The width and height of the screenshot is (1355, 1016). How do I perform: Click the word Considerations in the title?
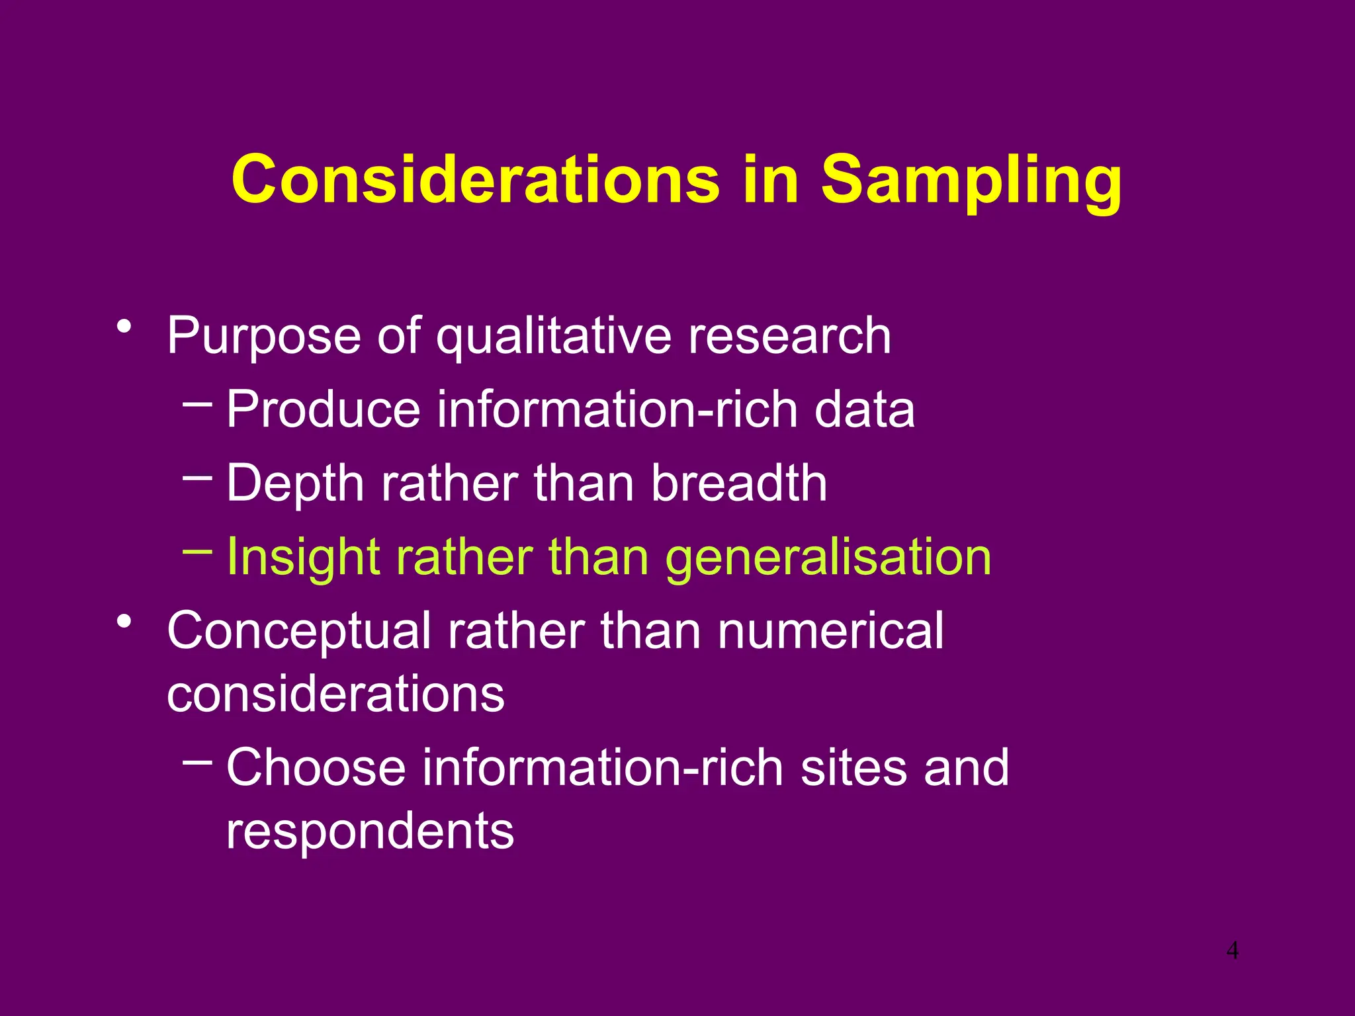(x=475, y=180)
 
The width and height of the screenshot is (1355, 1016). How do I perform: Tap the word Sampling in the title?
(x=971, y=180)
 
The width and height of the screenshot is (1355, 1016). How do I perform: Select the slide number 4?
(x=1232, y=951)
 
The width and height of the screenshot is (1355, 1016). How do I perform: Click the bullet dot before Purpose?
(x=123, y=327)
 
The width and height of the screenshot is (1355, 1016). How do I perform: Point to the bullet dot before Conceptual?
(x=123, y=622)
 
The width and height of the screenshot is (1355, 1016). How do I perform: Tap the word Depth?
(x=296, y=483)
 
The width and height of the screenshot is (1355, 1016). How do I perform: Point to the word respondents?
(x=370, y=831)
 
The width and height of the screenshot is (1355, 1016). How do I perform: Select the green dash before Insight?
(x=197, y=550)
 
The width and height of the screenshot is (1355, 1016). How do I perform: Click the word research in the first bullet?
(x=789, y=336)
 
